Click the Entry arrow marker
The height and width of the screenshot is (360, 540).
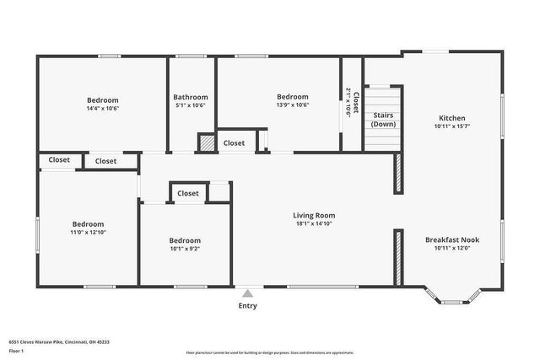(x=247, y=293)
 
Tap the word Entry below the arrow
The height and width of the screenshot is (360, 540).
(x=247, y=305)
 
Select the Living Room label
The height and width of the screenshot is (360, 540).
(x=314, y=215)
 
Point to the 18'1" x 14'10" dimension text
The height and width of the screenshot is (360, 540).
(x=314, y=224)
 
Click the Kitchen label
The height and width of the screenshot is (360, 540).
(x=451, y=118)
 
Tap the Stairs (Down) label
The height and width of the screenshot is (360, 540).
(x=383, y=120)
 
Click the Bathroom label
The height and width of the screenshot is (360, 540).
(x=191, y=97)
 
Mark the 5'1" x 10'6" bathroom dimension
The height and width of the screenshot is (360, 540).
(x=191, y=106)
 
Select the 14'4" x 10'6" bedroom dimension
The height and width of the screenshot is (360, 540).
(x=102, y=108)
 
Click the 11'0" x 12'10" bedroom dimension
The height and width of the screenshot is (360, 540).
(x=88, y=232)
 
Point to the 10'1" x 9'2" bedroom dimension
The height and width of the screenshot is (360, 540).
(x=185, y=249)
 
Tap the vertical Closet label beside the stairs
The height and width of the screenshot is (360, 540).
(x=355, y=103)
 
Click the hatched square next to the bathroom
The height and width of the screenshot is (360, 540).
(x=207, y=142)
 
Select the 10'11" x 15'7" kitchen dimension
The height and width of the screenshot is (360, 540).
(x=451, y=127)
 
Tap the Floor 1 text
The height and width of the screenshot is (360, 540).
(x=16, y=350)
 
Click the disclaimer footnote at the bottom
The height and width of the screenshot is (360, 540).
(x=270, y=352)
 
